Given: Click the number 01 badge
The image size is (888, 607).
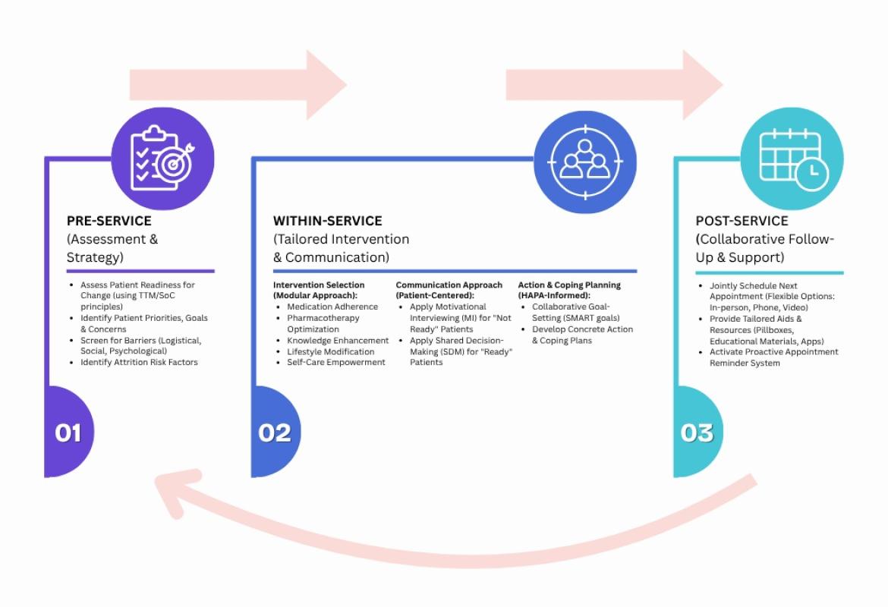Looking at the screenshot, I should [x=68, y=432].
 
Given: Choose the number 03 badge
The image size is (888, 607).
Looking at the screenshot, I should [x=697, y=432].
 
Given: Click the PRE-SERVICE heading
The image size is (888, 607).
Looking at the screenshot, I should [x=109, y=221].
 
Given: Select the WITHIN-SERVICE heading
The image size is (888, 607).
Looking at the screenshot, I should [x=327, y=221].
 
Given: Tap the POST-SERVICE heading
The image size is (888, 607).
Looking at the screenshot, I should [x=742, y=221].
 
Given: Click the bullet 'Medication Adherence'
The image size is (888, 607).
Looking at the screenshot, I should [x=332, y=307].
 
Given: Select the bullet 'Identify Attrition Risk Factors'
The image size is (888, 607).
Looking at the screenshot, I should [x=139, y=362].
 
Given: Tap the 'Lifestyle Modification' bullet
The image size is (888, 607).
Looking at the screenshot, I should [x=330, y=351].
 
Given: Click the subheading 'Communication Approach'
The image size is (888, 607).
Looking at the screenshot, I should [x=449, y=285].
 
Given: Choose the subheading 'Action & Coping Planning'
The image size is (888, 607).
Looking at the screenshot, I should [x=569, y=285].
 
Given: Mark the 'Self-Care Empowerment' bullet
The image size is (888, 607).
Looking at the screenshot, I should [x=335, y=362].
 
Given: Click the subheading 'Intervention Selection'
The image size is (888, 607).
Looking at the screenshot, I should [x=319, y=285].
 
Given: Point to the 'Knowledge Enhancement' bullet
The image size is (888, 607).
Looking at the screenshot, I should [x=338, y=341].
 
